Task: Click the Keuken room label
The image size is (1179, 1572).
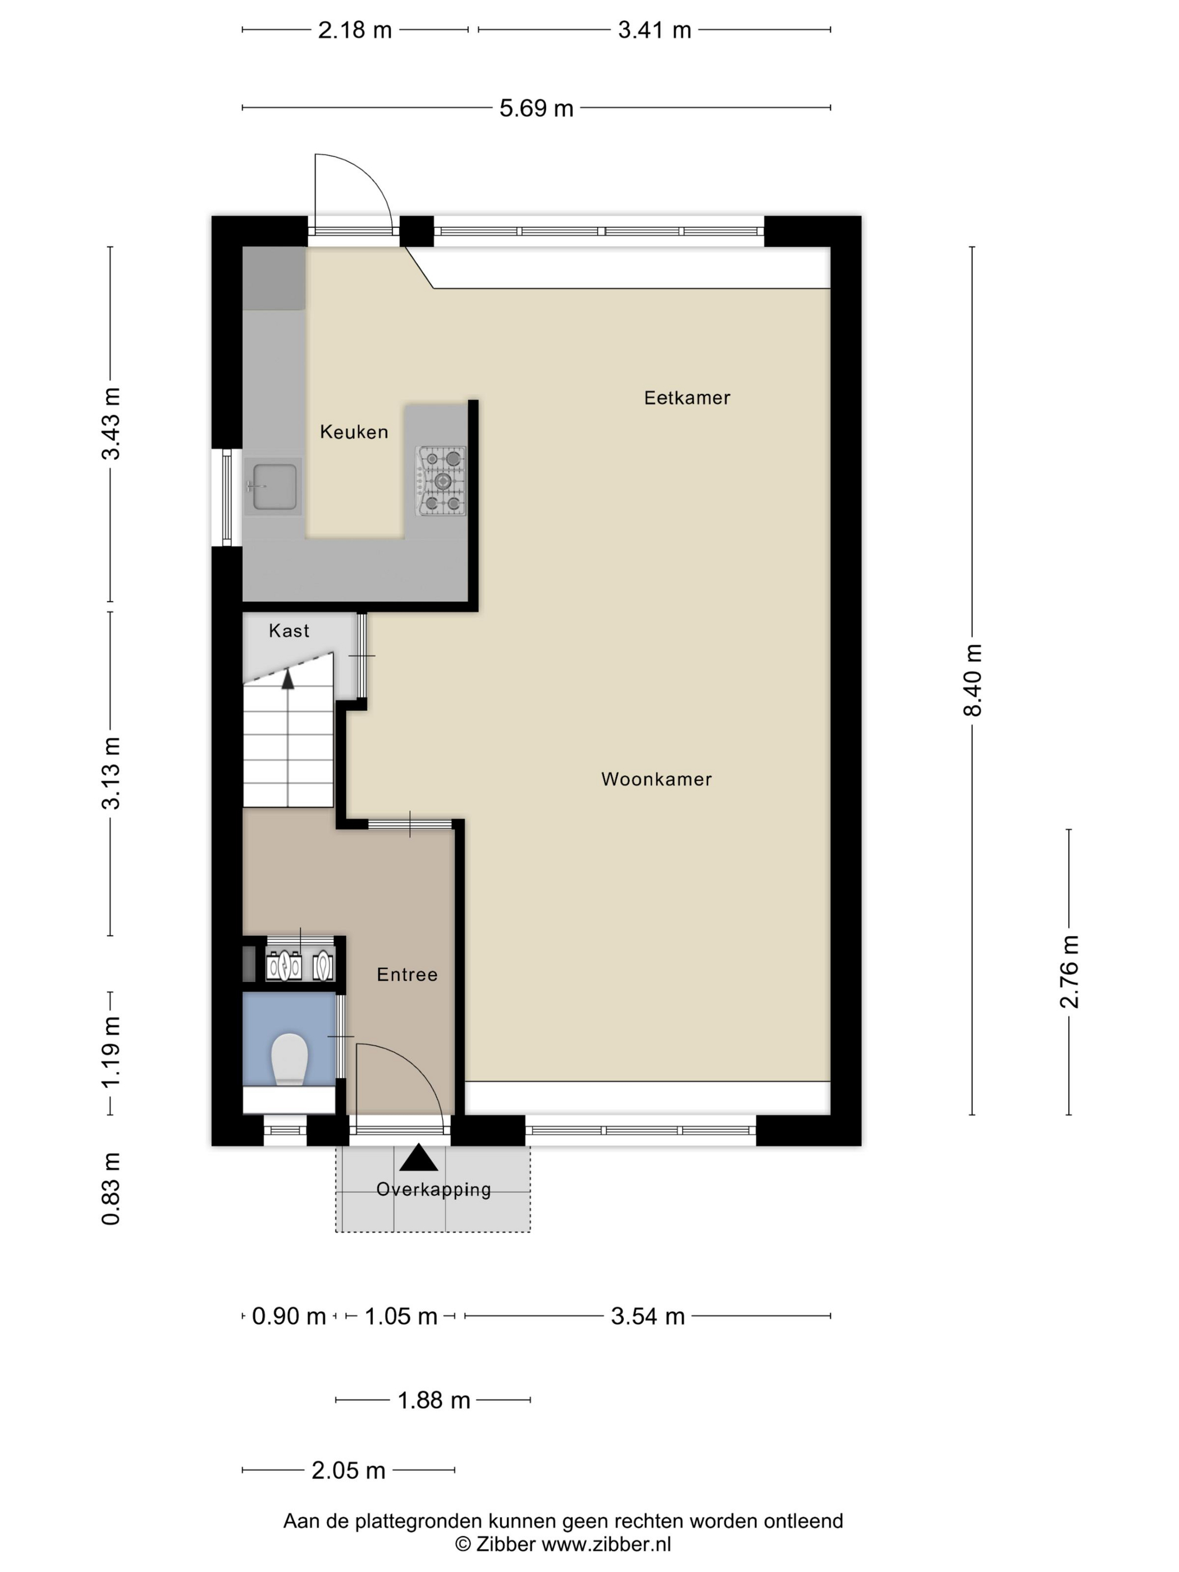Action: point(354,432)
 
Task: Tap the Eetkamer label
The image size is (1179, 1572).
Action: point(687,398)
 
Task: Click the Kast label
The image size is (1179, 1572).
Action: point(289,630)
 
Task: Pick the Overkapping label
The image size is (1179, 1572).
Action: point(433,1189)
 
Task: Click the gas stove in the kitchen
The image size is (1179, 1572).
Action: point(441,481)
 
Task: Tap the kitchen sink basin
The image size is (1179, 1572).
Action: point(275,487)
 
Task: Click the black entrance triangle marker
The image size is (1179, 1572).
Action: point(419,1158)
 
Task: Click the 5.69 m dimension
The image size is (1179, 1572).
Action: point(536,108)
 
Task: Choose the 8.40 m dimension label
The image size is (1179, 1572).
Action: point(972,680)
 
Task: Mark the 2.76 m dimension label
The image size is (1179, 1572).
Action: point(1069,971)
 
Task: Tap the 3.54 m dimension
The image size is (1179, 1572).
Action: point(647,1316)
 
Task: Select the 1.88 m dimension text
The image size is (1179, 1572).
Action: point(433,1400)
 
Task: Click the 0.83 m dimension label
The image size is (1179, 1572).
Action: point(111,1189)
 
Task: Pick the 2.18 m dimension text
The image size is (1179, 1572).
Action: point(355,30)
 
